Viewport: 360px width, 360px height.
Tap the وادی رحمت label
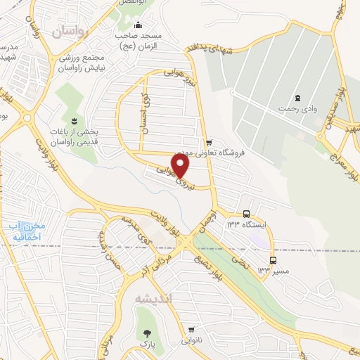[296, 109]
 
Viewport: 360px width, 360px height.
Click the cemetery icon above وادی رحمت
[297, 97]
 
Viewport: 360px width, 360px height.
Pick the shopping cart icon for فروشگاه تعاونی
[207, 141]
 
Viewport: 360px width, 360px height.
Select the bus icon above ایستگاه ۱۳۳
[246, 214]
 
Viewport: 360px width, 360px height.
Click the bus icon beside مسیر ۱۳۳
[273, 260]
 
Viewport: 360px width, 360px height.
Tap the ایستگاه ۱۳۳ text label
[246, 224]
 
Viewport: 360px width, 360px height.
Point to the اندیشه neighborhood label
[153, 298]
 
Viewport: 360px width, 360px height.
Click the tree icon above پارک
[147, 333]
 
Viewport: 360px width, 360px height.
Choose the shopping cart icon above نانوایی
[193, 329]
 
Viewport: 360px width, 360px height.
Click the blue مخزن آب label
[27, 230]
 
